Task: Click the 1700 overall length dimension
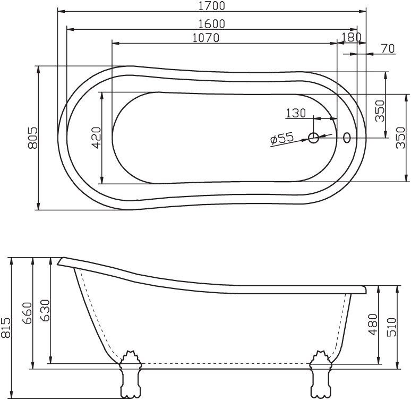pyautogui.click(x=211, y=6)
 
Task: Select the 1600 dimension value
pyautogui.click(x=211, y=24)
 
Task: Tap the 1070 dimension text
pyautogui.click(x=205, y=38)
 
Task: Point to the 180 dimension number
pyautogui.click(x=352, y=37)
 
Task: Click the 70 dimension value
pyautogui.click(x=388, y=49)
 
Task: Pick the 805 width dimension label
pyautogui.click(x=32, y=138)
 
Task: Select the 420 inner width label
pyautogui.click(x=97, y=138)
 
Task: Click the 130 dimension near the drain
pyautogui.click(x=296, y=113)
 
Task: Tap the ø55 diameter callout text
pyautogui.click(x=282, y=139)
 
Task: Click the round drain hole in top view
pyautogui.click(x=314, y=138)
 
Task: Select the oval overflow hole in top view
pyautogui.click(x=347, y=138)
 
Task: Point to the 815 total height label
pyautogui.click(x=6, y=328)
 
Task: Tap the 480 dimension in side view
pyautogui.click(x=373, y=325)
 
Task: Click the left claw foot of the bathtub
pyautogui.click(x=130, y=375)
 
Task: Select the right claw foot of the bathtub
pyautogui.click(x=321, y=375)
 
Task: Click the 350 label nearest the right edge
pyautogui.click(x=401, y=138)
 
